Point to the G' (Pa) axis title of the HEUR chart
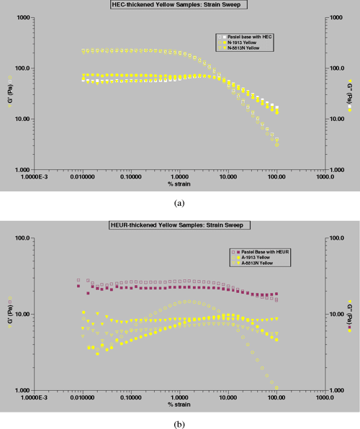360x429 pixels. point(10,314)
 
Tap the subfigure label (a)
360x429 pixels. point(179,203)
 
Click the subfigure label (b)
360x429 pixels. point(179,423)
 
